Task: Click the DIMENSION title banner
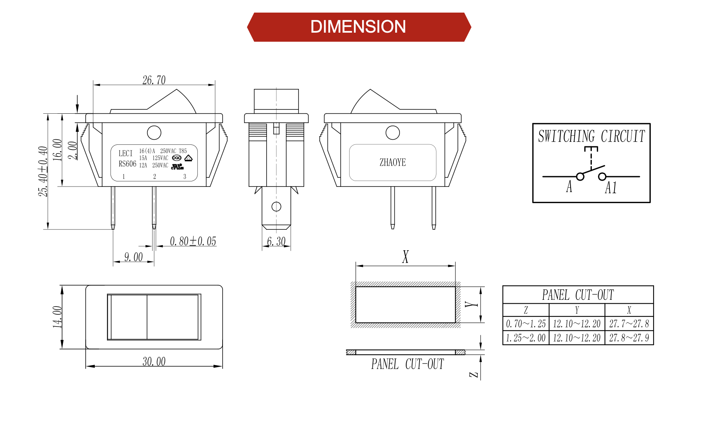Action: coord(358,27)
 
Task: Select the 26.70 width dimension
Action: coord(154,80)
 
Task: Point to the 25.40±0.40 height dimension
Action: coord(43,172)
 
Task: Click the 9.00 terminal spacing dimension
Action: coord(133,257)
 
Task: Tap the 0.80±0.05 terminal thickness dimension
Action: coord(193,241)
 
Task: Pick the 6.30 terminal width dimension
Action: coord(276,241)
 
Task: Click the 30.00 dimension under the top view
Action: coord(154,362)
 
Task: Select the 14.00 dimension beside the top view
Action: coord(57,317)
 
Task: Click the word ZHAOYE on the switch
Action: coord(392,162)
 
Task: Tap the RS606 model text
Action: coord(127,164)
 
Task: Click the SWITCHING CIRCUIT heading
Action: coord(591,137)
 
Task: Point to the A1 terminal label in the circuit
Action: coord(610,188)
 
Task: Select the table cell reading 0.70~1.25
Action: coord(526,324)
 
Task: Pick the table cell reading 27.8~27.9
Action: coord(629,338)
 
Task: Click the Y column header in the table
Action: coord(577,310)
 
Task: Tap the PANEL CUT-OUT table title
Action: coord(578,295)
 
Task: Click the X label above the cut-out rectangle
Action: coord(405,257)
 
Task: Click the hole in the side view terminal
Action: coord(276,207)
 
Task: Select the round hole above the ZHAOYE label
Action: coord(392,133)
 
